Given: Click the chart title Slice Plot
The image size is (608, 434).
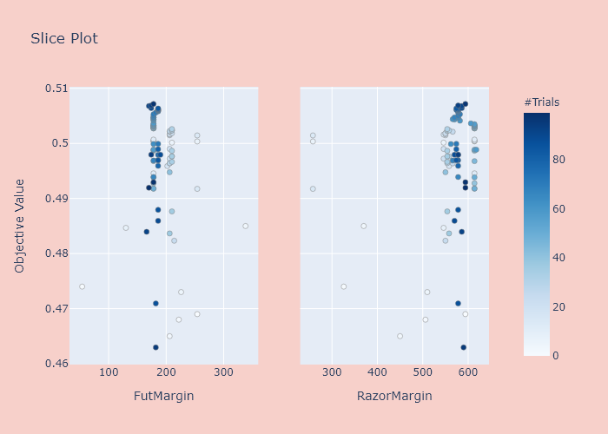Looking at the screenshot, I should tap(64, 38).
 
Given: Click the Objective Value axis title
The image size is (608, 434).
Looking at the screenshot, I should tap(20, 225).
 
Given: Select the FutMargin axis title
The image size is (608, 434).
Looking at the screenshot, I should tap(163, 396).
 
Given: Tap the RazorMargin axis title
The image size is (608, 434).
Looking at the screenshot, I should tap(394, 396).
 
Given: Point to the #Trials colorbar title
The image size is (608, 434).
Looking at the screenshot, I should tap(541, 102).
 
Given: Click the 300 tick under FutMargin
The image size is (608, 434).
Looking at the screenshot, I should tap(224, 372).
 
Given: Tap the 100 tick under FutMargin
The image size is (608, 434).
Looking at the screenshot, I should tap(109, 372).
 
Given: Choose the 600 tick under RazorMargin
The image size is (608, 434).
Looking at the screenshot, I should tap(468, 372).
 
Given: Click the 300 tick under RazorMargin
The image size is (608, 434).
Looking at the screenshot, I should tap(332, 372).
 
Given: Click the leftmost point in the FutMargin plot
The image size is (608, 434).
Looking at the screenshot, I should tap(82, 286).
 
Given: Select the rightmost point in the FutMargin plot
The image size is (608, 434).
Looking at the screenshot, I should tap(245, 226).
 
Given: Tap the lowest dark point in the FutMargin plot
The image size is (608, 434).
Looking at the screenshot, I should tap(155, 347).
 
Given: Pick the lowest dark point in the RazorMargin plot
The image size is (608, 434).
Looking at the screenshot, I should tap(463, 347).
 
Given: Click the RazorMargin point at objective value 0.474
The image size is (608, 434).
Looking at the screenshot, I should tap(343, 286).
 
